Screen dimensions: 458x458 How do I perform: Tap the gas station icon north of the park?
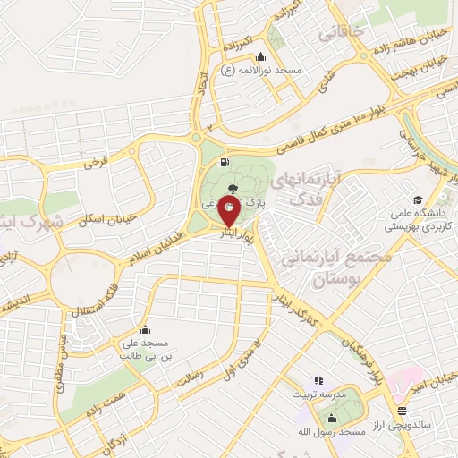click(x=222, y=163)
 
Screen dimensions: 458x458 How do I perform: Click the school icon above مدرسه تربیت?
click(x=318, y=381)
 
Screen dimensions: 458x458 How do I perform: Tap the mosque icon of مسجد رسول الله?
click(x=332, y=419)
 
